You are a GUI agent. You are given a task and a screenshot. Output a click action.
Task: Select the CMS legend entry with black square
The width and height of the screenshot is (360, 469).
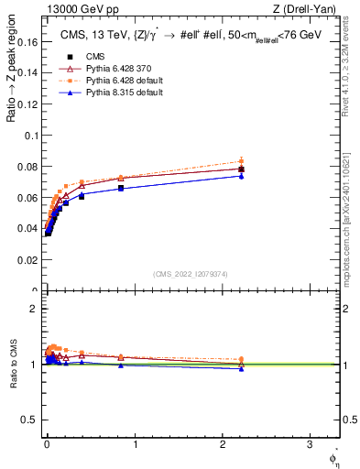point(83,54)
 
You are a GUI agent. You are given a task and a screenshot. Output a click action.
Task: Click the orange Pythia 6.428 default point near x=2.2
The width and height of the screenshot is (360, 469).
point(241,160)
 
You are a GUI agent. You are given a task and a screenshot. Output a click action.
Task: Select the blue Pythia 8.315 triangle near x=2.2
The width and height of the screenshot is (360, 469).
point(241,176)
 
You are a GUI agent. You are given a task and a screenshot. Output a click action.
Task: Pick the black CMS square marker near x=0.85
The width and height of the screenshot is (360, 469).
point(121,188)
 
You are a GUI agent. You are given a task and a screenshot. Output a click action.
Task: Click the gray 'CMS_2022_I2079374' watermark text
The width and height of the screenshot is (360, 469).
point(191,273)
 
